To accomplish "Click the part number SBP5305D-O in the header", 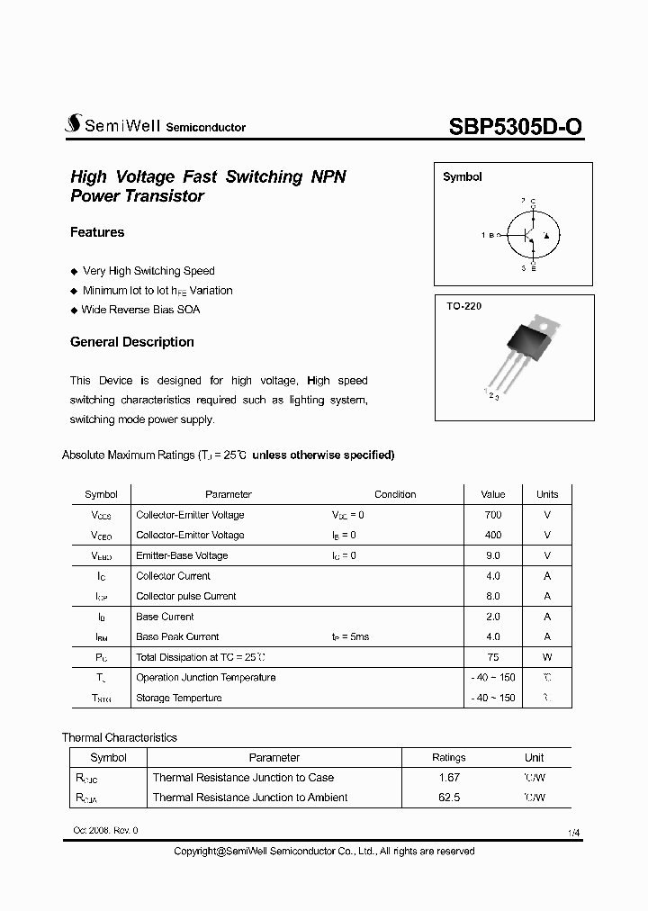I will click(515, 127).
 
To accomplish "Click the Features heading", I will click(97, 232).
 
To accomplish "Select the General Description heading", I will click(132, 342).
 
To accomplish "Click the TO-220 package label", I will click(464, 307).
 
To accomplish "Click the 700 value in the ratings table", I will click(492, 515).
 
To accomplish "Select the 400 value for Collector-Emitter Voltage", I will click(492, 535).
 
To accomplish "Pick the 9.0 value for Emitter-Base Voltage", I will click(492, 555).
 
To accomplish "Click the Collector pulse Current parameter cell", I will click(185, 596).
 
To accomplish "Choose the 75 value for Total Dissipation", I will click(492, 657).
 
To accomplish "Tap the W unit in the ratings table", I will click(547, 657).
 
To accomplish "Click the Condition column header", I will click(395, 494).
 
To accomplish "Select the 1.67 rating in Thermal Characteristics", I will click(448, 778).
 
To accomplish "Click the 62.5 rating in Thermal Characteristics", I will click(448, 798).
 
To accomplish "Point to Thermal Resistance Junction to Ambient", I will click(249, 798).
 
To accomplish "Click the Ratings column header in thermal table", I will click(448, 758).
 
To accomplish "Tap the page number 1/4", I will click(574, 834).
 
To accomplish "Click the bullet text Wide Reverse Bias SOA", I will click(140, 310).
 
